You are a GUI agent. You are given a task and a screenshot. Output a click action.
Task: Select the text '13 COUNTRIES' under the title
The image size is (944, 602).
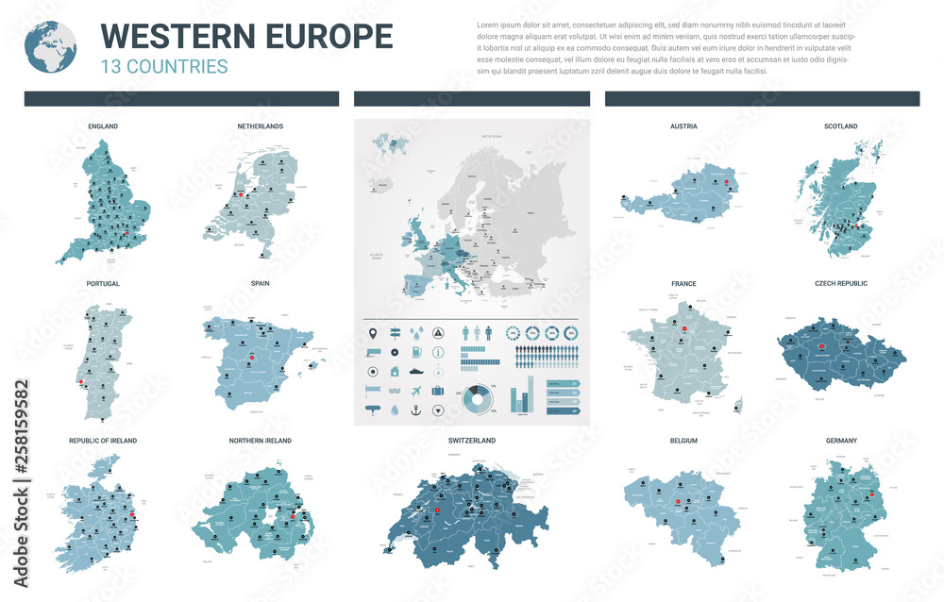pyautogui.click(x=163, y=66)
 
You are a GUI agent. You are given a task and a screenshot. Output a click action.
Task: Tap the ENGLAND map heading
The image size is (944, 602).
pyautogui.click(x=103, y=125)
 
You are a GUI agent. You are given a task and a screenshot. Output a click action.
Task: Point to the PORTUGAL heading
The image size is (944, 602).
pyautogui.click(x=103, y=283)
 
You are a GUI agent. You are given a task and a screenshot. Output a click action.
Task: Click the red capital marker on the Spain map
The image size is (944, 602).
pyautogui.click(x=252, y=359)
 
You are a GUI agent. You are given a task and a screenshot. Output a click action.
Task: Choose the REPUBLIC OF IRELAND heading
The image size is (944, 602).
pyautogui.click(x=103, y=441)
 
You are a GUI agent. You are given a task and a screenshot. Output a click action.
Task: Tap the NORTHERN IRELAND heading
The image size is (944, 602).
pyautogui.click(x=261, y=441)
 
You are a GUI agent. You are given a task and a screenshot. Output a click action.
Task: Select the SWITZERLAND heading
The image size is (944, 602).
pyautogui.click(x=472, y=441)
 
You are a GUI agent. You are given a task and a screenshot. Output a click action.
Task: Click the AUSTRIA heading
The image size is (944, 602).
pyautogui.click(x=683, y=125)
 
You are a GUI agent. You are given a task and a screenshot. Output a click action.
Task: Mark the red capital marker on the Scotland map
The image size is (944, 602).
pyautogui.click(x=854, y=226)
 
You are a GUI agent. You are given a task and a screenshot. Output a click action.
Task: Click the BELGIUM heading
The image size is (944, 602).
pyautogui.click(x=683, y=441)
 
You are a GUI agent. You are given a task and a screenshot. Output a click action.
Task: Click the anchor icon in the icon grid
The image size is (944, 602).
pyautogui.click(x=416, y=410)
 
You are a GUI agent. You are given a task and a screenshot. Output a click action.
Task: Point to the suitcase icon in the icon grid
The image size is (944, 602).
pyautogui.click(x=438, y=390)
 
